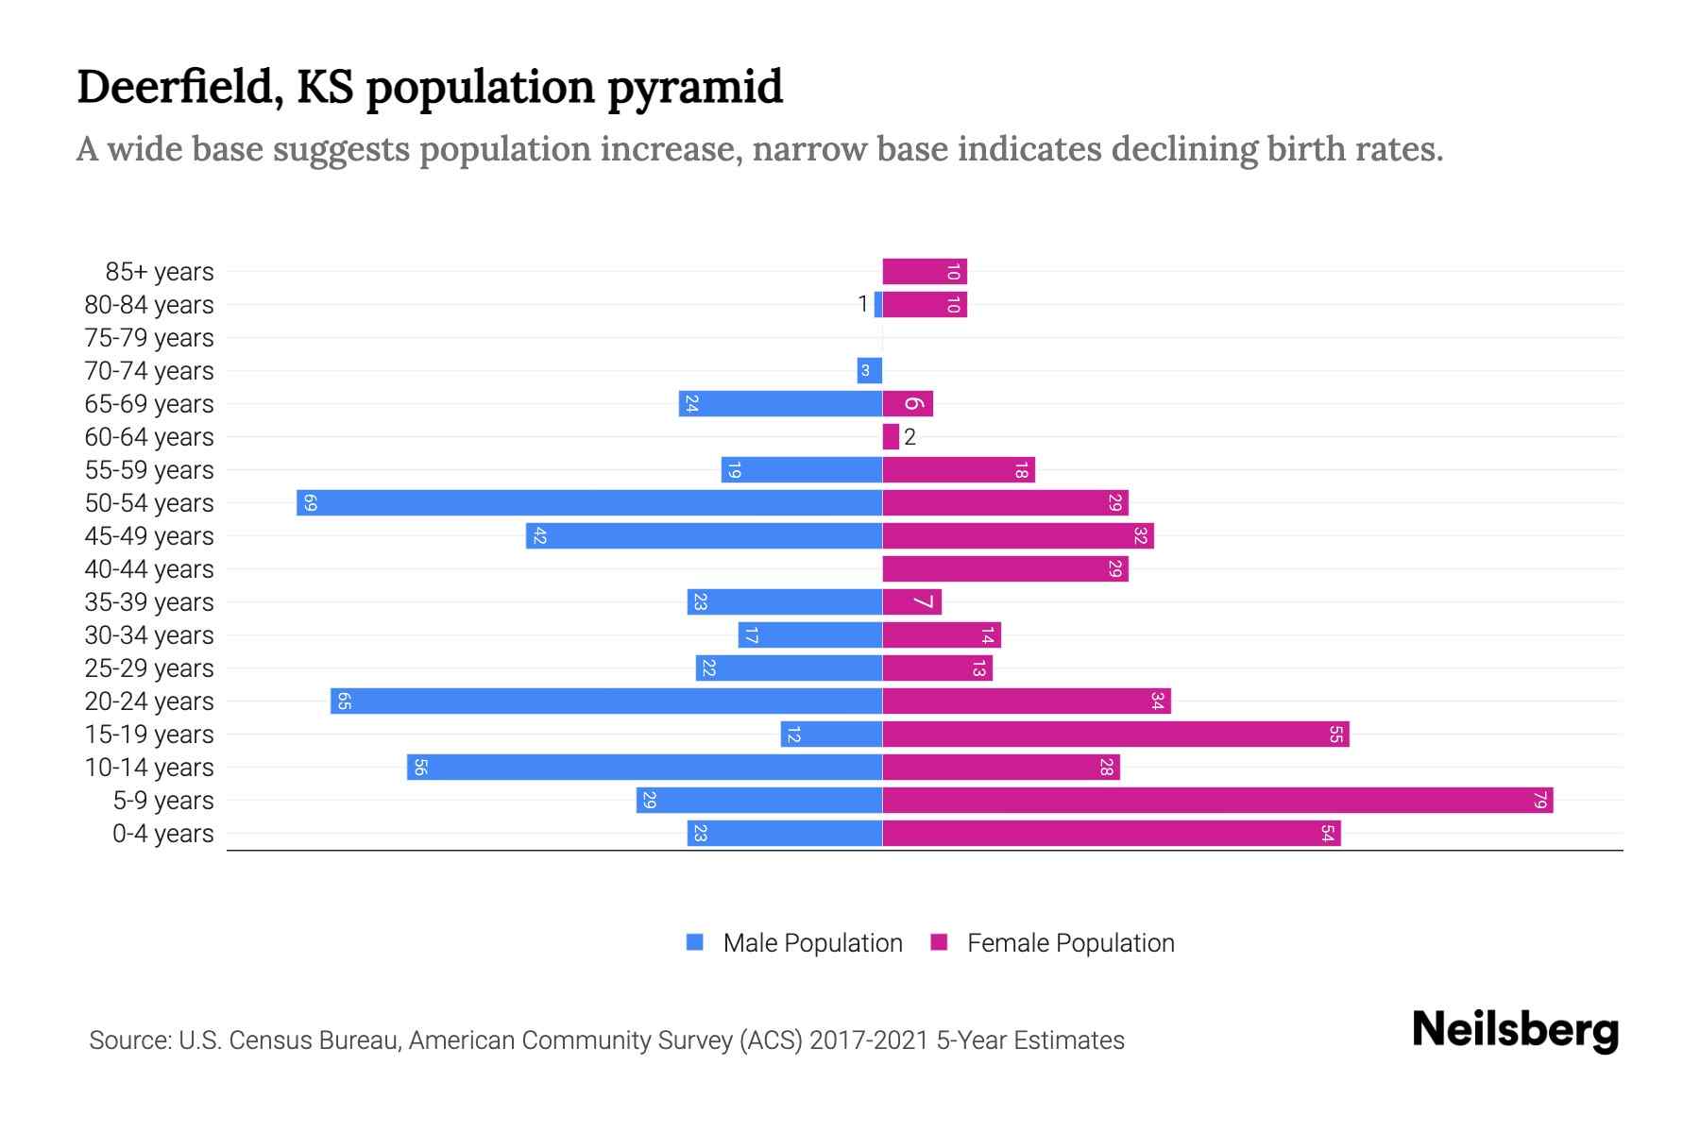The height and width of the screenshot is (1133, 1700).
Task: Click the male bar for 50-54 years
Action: point(589,502)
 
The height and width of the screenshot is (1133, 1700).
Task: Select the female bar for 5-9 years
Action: point(1217,801)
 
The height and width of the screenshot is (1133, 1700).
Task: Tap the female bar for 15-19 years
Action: point(1115,735)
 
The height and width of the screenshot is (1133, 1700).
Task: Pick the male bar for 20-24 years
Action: point(606,702)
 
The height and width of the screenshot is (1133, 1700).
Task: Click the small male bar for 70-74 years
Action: point(869,371)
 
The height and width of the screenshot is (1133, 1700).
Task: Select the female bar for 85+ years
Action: point(925,272)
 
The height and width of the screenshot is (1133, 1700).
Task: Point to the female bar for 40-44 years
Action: point(1005,569)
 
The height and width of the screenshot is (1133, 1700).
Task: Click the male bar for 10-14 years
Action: point(644,768)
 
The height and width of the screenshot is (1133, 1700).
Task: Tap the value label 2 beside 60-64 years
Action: point(909,437)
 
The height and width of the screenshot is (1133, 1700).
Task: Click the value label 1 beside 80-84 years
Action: point(862,304)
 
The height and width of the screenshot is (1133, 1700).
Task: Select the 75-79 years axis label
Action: point(149,338)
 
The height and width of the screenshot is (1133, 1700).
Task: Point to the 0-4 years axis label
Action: point(162,834)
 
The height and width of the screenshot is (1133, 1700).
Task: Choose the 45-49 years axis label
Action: point(149,536)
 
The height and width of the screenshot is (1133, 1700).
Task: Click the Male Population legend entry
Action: point(812,943)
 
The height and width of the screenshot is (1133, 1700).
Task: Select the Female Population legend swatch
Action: point(939,942)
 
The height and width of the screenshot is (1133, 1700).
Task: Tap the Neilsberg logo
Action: point(1515,1030)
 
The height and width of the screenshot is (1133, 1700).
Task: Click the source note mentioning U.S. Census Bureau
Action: point(606,1040)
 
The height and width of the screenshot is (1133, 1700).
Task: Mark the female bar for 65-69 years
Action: point(908,404)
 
